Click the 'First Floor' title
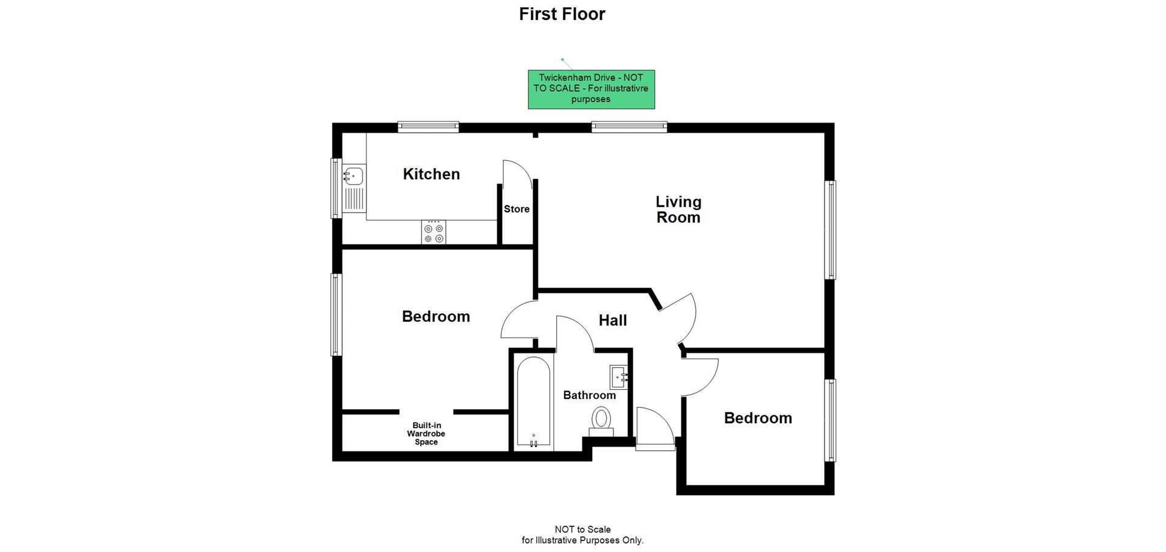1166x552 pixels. tap(562, 14)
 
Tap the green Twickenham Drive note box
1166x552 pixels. tap(591, 89)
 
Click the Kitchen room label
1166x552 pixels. tap(431, 174)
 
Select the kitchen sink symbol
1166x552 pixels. tap(353, 177)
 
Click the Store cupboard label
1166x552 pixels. tap(517, 209)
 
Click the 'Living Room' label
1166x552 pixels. tap(678, 210)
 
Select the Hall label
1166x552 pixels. tap(612, 321)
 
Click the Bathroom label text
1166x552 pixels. tap(589, 395)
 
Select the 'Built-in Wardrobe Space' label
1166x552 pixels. tap(426, 434)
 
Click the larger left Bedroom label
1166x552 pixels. tap(435, 316)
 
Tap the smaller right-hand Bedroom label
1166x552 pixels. tap(757, 418)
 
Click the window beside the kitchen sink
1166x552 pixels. tap(335, 188)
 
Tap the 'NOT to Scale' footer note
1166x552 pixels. tap(582, 534)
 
